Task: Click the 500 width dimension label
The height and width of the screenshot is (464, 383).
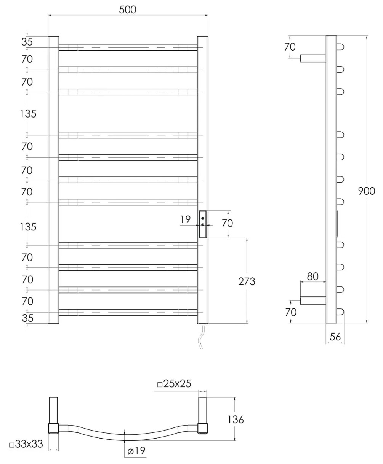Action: pos(127,10)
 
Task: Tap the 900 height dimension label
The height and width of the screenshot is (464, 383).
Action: pos(367,191)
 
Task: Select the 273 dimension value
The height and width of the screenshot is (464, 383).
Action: pos(247,281)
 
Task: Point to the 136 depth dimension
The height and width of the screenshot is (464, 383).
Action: pos(236,420)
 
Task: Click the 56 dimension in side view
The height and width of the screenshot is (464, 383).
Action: pos(335,337)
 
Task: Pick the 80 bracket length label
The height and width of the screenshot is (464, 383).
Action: pos(312,276)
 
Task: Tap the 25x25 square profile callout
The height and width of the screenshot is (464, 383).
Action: pos(174,383)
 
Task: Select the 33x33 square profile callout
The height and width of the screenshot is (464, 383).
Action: pos(26,444)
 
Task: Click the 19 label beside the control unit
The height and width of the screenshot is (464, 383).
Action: pos(186,220)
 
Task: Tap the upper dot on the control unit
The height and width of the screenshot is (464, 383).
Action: pos(203,219)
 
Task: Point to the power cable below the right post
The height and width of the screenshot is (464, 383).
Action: pos(201,336)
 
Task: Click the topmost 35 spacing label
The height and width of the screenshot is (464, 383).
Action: pos(27,42)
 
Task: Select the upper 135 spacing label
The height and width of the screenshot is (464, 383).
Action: pos(28,114)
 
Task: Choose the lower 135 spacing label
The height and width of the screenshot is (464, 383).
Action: pos(28,227)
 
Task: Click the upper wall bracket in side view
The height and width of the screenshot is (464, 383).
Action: pos(313,58)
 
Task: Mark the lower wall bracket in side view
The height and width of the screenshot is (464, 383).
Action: pos(313,300)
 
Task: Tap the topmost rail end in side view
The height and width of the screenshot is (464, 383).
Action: pos(340,47)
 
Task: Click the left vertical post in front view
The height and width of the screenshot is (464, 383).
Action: pos(53,180)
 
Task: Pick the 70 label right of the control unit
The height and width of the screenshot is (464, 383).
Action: pos(227,223)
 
